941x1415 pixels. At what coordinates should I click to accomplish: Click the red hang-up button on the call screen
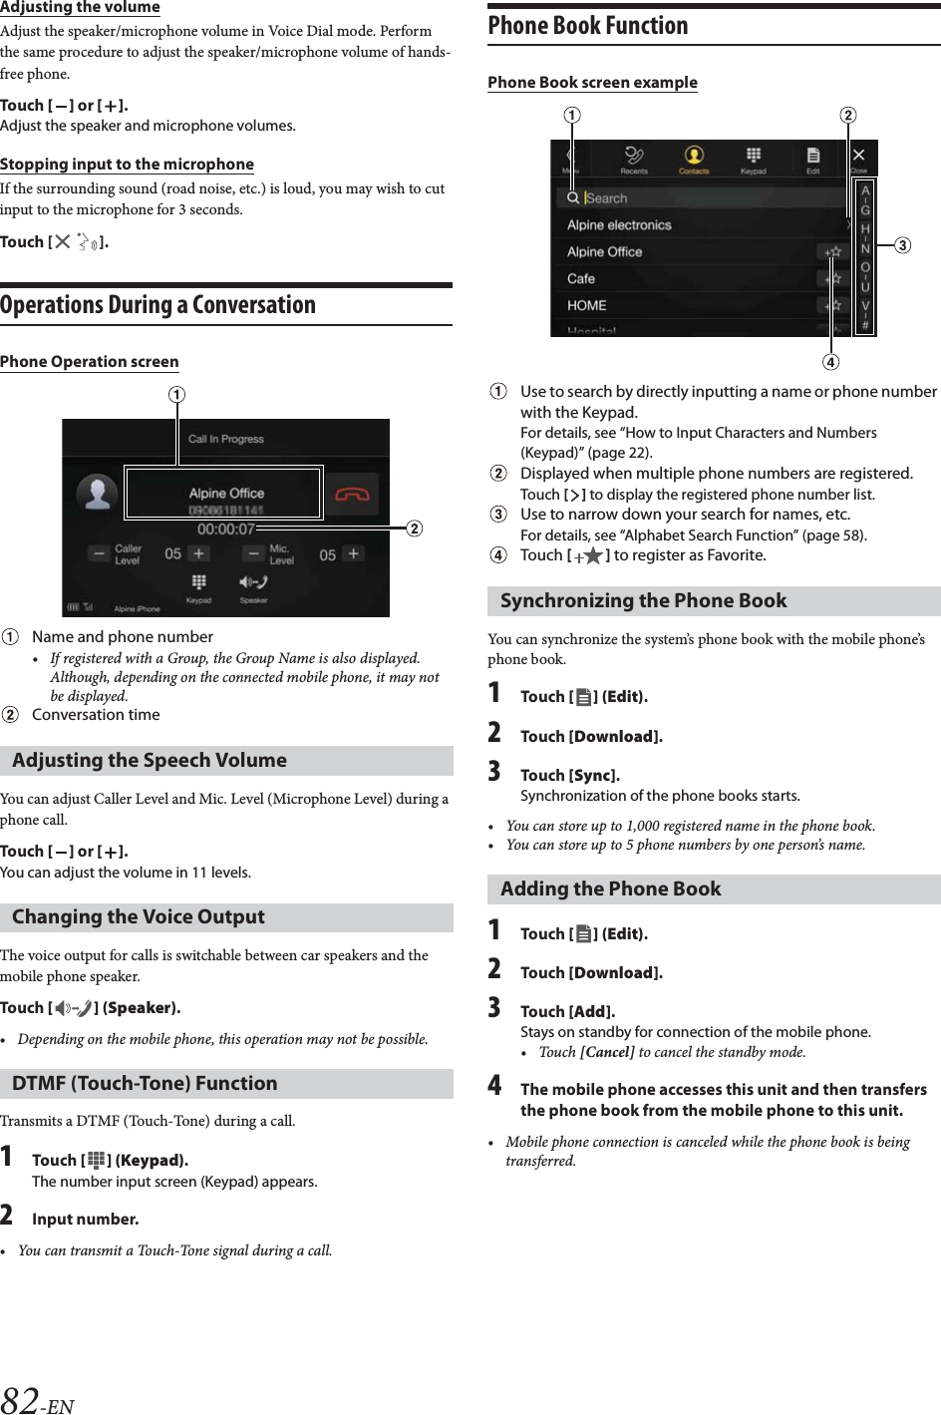click(353, 494)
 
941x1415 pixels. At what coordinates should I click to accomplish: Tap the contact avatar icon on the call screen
click(98, 494)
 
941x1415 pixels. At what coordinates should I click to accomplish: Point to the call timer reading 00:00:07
click(225, 530)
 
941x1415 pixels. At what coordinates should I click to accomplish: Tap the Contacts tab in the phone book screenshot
click(694, 159)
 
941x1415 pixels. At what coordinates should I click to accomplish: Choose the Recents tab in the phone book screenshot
click(634, 159)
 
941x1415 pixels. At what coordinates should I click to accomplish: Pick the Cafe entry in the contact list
click(581, 279)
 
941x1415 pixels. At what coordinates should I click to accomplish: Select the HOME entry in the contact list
click(587, 306)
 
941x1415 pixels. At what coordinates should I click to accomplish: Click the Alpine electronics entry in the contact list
click(619, 225)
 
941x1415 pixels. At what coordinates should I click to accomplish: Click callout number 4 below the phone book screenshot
click(830, 361)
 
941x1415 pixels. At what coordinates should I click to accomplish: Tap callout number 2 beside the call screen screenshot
click(412, 529)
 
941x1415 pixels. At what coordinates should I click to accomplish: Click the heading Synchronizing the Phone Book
click(643, 601)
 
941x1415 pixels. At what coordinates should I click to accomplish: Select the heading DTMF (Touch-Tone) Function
click(145, 1084)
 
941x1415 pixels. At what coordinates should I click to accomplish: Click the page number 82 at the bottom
click(21, 1400)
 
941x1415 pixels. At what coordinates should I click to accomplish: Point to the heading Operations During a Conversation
click(157, 305)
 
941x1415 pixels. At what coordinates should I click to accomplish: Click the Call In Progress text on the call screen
click(226, 439)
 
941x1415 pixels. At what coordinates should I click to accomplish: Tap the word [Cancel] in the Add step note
click(607, 1052)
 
